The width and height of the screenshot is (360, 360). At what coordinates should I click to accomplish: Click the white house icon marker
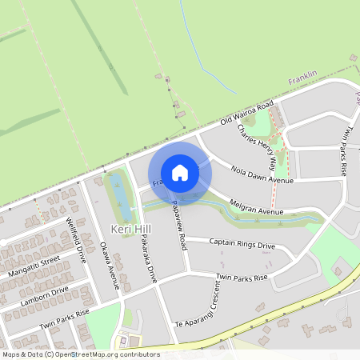(180, 173)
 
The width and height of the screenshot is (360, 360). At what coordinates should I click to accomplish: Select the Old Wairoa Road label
(247, 114)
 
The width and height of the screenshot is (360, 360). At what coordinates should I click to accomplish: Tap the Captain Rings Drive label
(242, 242)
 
